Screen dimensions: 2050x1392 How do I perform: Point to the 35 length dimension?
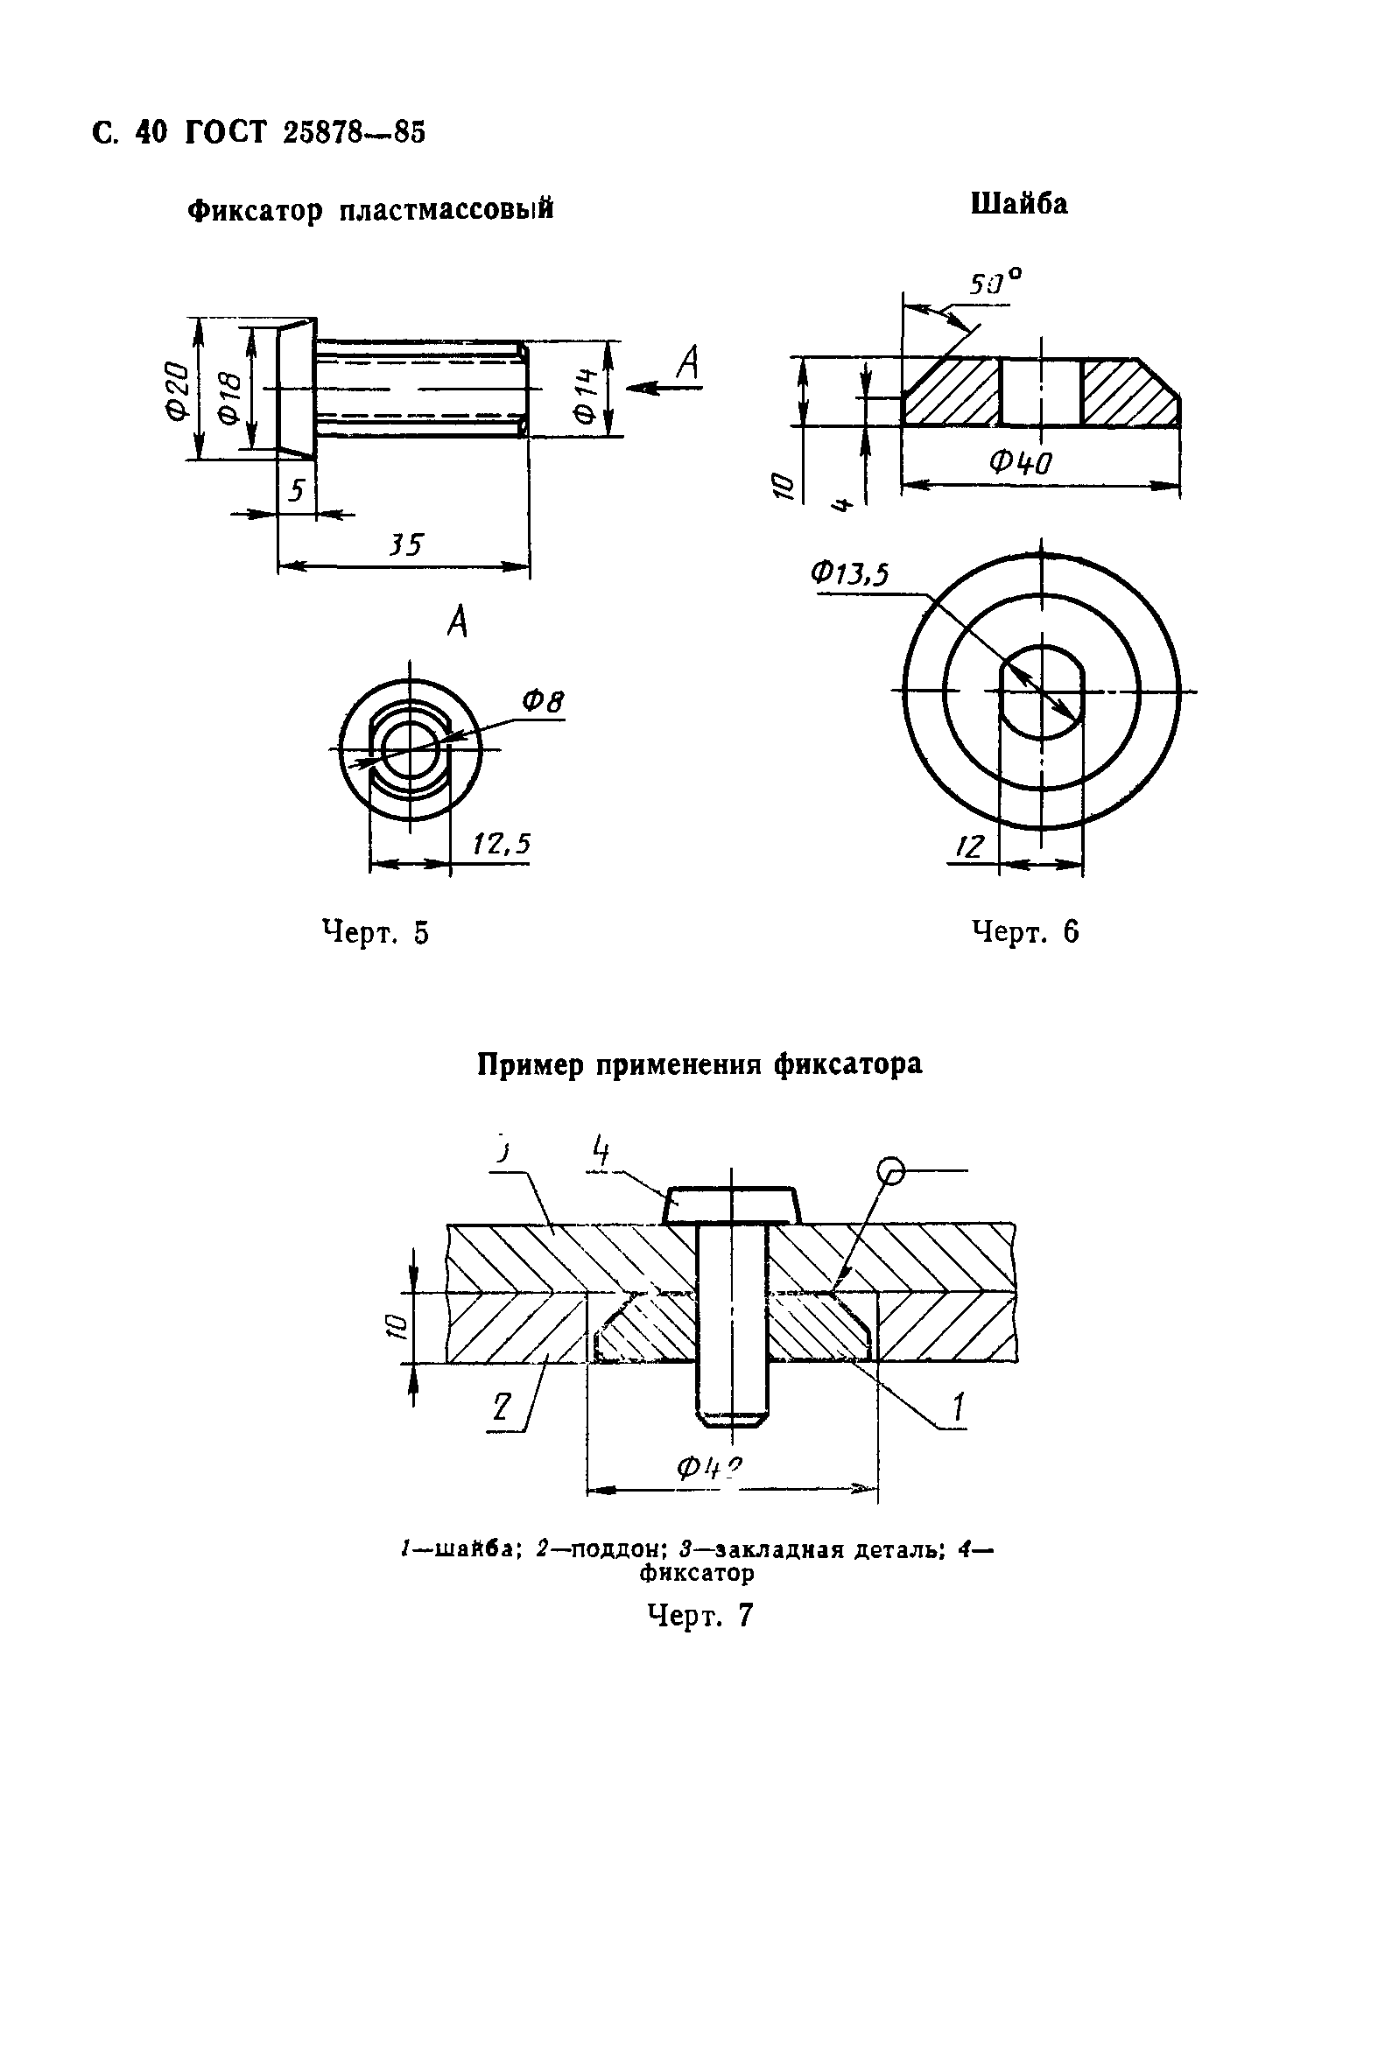[405, 544]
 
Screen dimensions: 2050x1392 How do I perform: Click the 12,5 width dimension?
[501, 844]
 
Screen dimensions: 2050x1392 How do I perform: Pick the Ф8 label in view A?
[543, 702]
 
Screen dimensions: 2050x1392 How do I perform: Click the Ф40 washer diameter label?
[1021, 461]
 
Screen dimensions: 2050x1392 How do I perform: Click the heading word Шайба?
[1019, 204]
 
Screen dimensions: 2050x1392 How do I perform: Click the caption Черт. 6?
[1025, 931]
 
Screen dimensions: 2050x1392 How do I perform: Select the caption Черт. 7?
[700, 1615]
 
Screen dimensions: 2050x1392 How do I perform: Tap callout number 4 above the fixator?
[601, 1151]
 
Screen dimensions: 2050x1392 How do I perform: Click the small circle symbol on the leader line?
[891, 1171]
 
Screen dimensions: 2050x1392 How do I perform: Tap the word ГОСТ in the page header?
[225, 132]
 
